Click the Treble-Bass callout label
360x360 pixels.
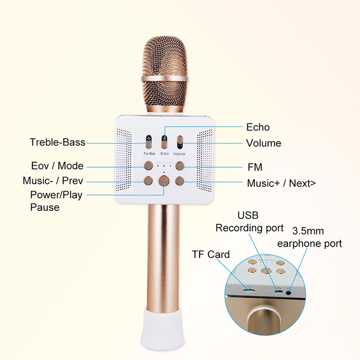pyautogui.click(x=57, y=142)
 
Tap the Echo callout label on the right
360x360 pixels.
pyautogui.click(x=258, y=127)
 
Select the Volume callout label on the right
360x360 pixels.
pyautogui.click(x=264, y=143)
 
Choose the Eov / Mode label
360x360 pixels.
pyautogui.click(x=57, y=166)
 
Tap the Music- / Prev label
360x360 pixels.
pyautogui.click(x=53, y=181)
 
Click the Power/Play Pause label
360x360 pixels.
pyautogui.click(x=56, y=201)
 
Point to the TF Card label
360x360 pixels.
pyautogui.click(x=211, y=255)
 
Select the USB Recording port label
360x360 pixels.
pyautogui.click(x=250, y=221)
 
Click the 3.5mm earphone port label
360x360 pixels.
pyautogui.click(x=309, y=238)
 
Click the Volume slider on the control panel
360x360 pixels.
pyautogui.click(x=180, y=143)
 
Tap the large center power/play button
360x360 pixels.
pyautogui.click(x=164, y=181)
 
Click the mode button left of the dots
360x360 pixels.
pyautogui.click(x=149, y=166)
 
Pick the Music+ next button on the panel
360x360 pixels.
pyautogui.click(x=180, y=181)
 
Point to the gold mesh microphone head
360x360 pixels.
pyautogui.click(x=164, y=72)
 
